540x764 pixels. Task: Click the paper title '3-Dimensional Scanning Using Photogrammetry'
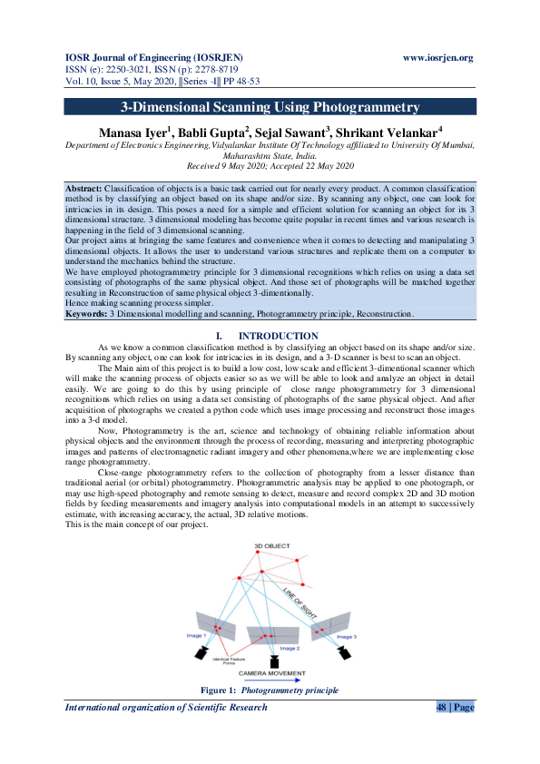(x=270, y=107)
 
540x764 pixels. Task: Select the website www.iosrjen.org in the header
(x=437, y=58)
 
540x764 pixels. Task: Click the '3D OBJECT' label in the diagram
(x=272, y=544)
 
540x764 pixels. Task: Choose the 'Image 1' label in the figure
(x=197, y=635)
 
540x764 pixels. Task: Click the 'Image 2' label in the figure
(x=290, y=648)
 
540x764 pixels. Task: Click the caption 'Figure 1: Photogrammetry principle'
(x=270, y=691)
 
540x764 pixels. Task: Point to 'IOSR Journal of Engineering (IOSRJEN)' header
(x=149, y=58)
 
